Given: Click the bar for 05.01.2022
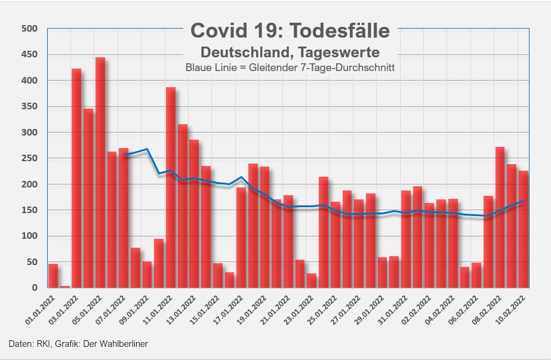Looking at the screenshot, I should tap(100, 173).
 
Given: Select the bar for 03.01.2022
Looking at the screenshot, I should tap(76, 179).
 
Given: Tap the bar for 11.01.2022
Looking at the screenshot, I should tap(171, 188).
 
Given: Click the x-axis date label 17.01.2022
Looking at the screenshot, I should tap(228, 309).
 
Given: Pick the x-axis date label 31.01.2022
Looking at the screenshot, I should tap(393, 309).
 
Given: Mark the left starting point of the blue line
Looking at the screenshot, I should tap(124, 155).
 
